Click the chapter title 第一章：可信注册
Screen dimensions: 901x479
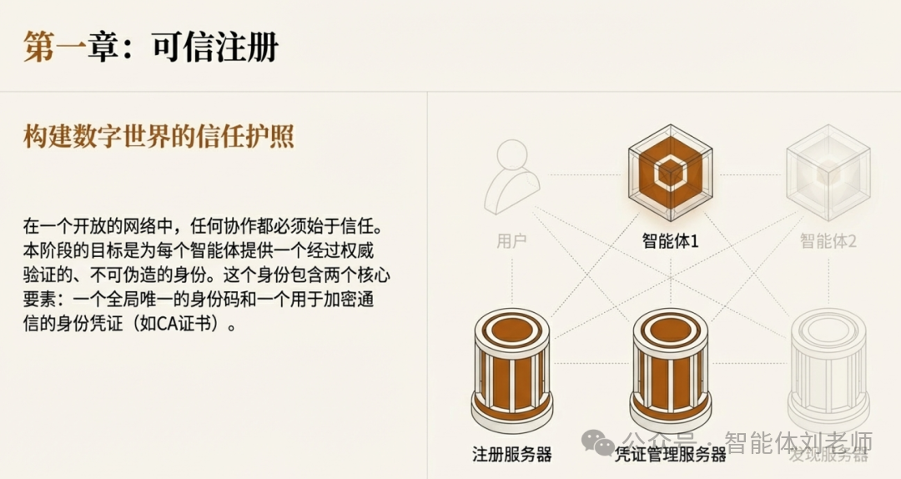pyautogui.click(x=150, y=48)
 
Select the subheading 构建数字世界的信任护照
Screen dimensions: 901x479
pyautogui.click(x=159, y=137)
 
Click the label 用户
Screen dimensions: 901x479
pyautogui.click(x=512, y=242)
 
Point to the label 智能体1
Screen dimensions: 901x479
pyautogui.click(x=671, y=242)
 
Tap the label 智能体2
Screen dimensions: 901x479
pyautogui.click(x=828, y=242)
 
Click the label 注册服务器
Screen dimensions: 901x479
pyautogui.click(x=512, y=455)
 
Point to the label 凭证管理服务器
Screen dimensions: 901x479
pyautogui.click(x=671, y=455)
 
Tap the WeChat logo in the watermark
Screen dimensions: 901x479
pyautogui.click(x=597, y=442)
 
